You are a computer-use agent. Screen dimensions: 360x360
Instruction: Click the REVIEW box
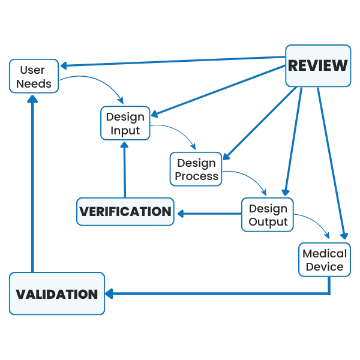317,66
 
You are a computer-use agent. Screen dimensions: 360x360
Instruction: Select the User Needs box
34,76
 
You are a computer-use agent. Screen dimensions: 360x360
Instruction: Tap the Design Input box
125,123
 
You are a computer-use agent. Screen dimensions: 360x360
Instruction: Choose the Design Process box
196,169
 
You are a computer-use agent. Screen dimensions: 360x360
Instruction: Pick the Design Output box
268,215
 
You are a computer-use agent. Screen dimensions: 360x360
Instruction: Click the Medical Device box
324,260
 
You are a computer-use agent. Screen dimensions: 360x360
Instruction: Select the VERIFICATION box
125,212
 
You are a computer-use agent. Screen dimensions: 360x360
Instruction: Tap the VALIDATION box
57,294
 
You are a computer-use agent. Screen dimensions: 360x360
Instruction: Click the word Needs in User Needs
34,83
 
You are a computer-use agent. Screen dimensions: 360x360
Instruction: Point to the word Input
125,130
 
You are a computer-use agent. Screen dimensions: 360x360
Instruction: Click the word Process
196,176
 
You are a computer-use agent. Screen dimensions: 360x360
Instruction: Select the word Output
268,222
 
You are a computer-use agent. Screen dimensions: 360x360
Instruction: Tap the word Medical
324,253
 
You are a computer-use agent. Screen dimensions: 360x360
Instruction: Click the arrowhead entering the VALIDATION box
110,294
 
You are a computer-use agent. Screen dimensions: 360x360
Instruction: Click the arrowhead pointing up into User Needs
34,99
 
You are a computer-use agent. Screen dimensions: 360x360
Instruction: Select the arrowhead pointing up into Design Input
125,144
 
